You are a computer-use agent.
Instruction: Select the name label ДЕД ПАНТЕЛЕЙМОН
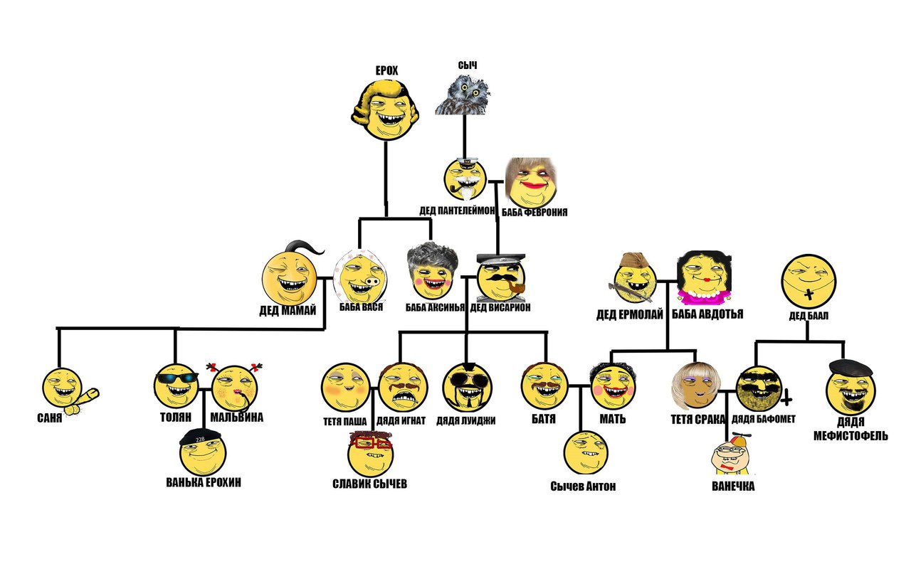pyautogui.click(x=458, y=211)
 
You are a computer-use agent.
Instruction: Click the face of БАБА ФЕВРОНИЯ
pyautogui.click(x=530, y=182)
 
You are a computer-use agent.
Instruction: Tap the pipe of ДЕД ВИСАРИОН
pyautogui.click(x=518, y=287)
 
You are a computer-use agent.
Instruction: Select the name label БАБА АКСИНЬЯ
pyautogui.click(x=435, y=307)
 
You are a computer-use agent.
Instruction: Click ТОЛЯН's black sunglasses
pyautogui.click(x=177, y=378)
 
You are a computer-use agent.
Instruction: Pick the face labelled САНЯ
pyautogui.click(x=62, y=387)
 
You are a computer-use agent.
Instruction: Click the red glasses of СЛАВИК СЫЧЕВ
pyautogui.click(x=371, y=441)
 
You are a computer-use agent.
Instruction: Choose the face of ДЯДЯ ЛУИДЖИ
pyautogui.click(x=467, y=388)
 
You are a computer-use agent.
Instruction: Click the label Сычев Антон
pyautogui.click(x=583, y=487)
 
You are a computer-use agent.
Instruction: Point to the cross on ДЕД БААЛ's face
pyautogui.click(x=809, y=294)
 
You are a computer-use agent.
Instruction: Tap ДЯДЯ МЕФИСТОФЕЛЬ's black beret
pyautogui.click(x=851, y=367)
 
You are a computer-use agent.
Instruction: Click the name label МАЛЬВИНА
pyautogui.click(x=237, y=418)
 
